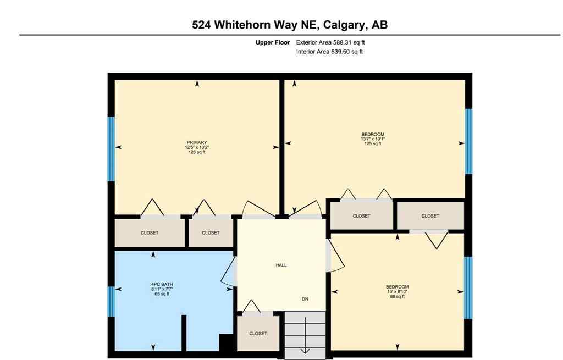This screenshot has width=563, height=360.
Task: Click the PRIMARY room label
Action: coord(196,142)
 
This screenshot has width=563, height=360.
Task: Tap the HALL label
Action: coord(281,265)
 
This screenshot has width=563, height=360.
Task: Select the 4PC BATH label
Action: coord(162,284)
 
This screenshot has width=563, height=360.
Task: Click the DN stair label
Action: coord(305,299)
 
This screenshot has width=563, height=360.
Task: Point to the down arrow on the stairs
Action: coord(305,350)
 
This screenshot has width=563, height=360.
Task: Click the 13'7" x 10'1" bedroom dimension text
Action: coord(373,139)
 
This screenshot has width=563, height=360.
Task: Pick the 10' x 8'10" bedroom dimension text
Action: coord(397,292)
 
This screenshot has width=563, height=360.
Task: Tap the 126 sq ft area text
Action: coord(196,152)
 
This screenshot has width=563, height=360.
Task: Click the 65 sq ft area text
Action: coord(162,294)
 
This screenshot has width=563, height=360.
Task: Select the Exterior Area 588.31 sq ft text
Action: coord(329,42)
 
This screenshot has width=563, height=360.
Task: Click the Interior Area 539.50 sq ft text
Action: coord(329,52)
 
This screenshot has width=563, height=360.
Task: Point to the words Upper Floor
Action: coord(272,42)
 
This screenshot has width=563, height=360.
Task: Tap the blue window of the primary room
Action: coord(111,148)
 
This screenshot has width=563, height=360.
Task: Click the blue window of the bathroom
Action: coord(111,301)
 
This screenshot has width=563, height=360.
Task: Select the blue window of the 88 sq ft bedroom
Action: coord(468,287)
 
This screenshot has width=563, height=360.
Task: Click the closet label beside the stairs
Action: coord(258,333)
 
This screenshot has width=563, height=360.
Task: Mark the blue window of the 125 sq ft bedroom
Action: coord(468,141)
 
